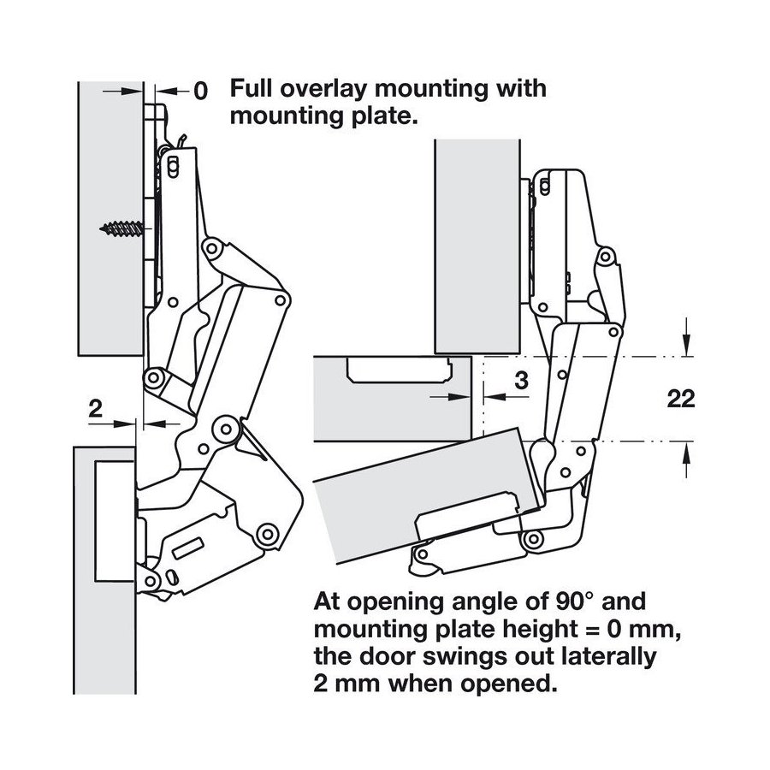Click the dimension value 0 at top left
199,91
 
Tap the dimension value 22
680,399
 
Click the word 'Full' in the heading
254,89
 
